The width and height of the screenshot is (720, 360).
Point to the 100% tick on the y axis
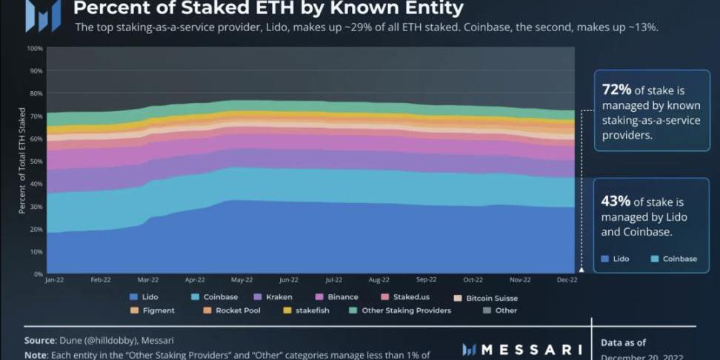tap(35, 48)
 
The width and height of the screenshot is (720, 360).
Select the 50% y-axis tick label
tap(35, 161)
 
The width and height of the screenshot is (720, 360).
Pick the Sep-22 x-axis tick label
tap(425, 280)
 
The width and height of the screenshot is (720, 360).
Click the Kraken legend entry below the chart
tap(273, 297)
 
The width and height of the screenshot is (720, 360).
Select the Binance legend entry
tap(337, 297)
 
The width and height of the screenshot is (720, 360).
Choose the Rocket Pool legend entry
tap(232, 310)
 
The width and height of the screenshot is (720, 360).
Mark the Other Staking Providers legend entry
tap(400, 310)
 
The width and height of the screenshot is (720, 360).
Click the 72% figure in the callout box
tap(617, 90)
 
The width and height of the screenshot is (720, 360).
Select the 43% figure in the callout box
tap(617, 201)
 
